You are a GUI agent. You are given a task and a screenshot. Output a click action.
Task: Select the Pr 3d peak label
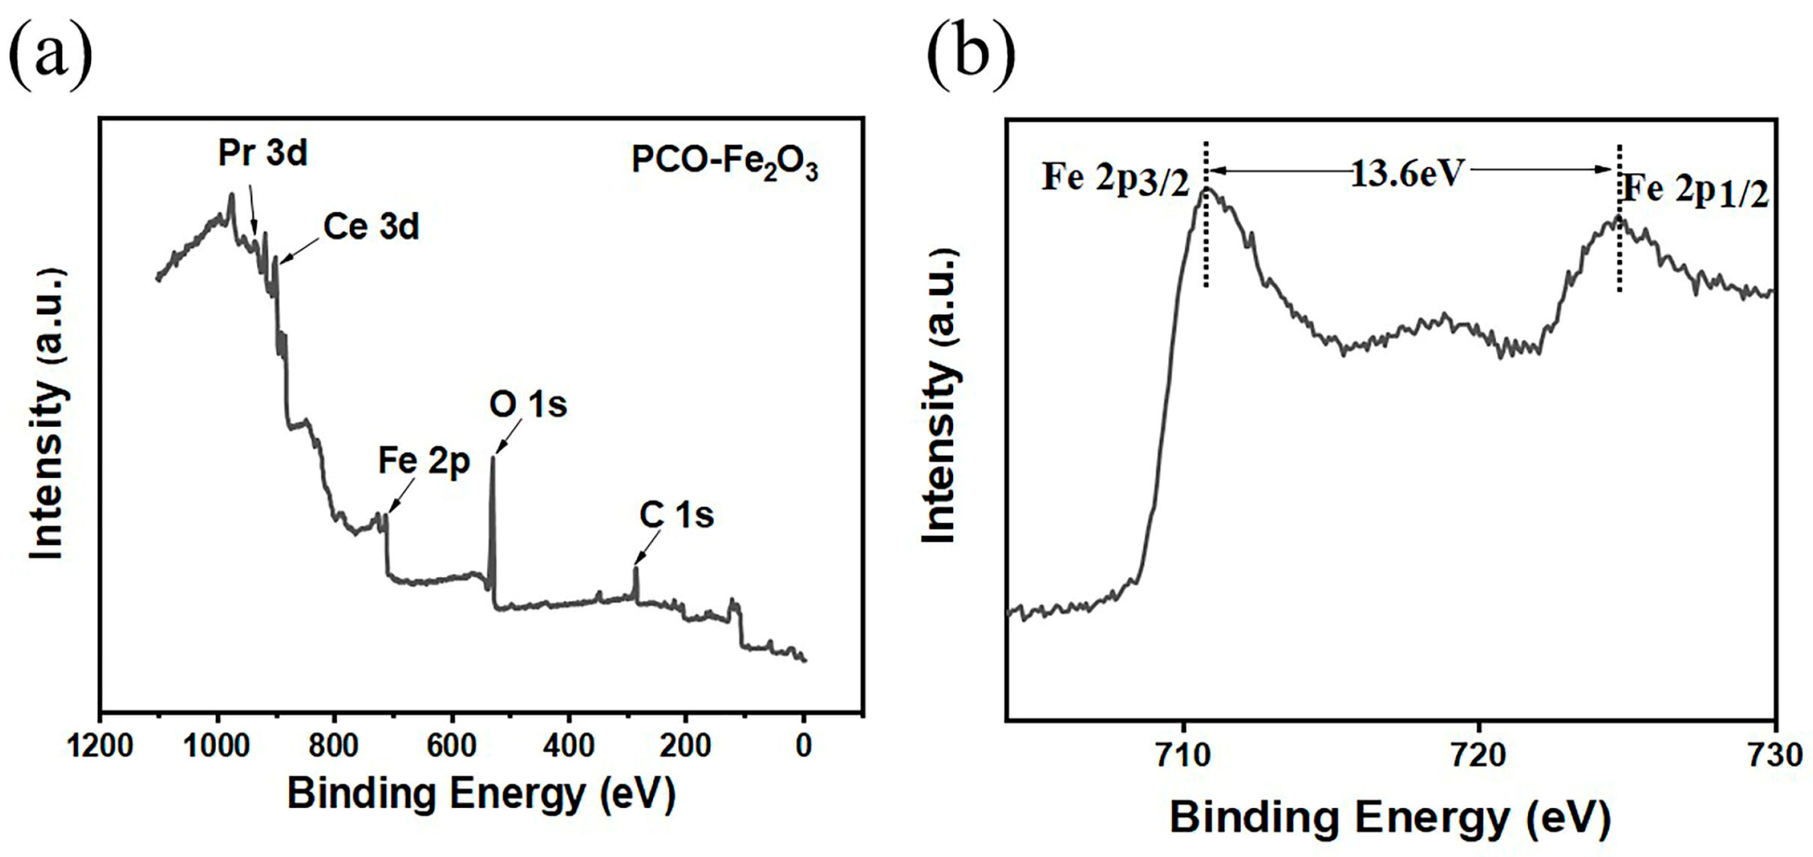(263, 153)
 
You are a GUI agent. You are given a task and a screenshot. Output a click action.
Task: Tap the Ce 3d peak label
(371, 227)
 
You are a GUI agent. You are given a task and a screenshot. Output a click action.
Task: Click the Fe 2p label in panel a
(424, 462)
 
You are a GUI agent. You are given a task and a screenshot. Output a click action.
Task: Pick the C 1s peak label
(677, 515)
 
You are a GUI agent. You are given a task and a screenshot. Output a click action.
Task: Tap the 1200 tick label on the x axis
(100, 748)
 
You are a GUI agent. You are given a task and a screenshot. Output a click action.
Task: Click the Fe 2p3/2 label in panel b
(1115, 179)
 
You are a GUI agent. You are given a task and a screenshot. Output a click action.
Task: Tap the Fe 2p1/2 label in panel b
(1695, 192)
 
